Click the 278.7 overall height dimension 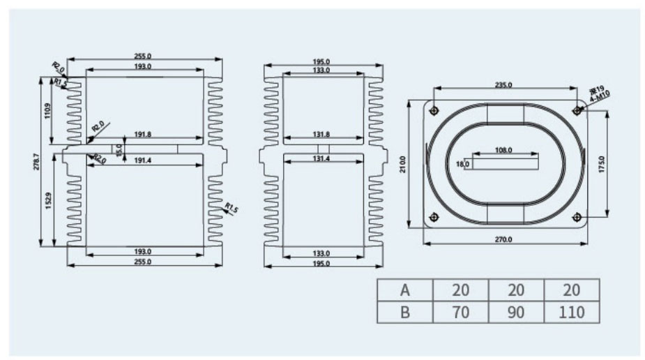pyautogui.click(x=36, y=163)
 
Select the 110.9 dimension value pyautogui.click(x=47, y=111)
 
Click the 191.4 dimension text pyautogui.click(x=142, y=160)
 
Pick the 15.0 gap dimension pyautogui.click(x=119, y=149)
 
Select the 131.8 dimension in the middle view pyautogui.click(x=321, y=135)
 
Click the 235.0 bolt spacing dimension pyautogui.click(x=503, y=84)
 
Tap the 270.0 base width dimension pyautogui.click(x=503, y=239)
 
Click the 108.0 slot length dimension pyautogui.click(x=503, y=150)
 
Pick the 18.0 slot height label pyautogui.click(x=462, y=165)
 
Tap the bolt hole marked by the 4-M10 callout pyautogui.click(x=577, y=111)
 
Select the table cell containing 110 pyautogui.click(x=570, y=312)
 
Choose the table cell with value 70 pyautogui.click(x=460, y=312)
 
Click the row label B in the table pyautogui.click(x=404, y=312)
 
